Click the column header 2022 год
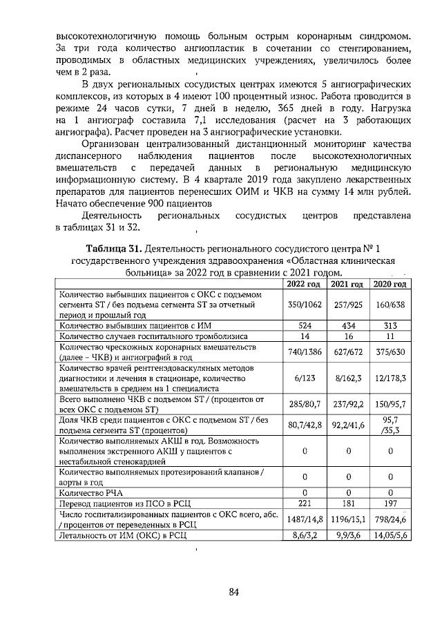point(304,285)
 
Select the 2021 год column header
point(347,285)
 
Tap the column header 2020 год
point(390,285)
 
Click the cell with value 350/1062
point(304,305)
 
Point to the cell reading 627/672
point(347,351)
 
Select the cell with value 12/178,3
point(390,379)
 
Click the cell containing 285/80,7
point(304,402)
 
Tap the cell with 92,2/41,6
point(347,425)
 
